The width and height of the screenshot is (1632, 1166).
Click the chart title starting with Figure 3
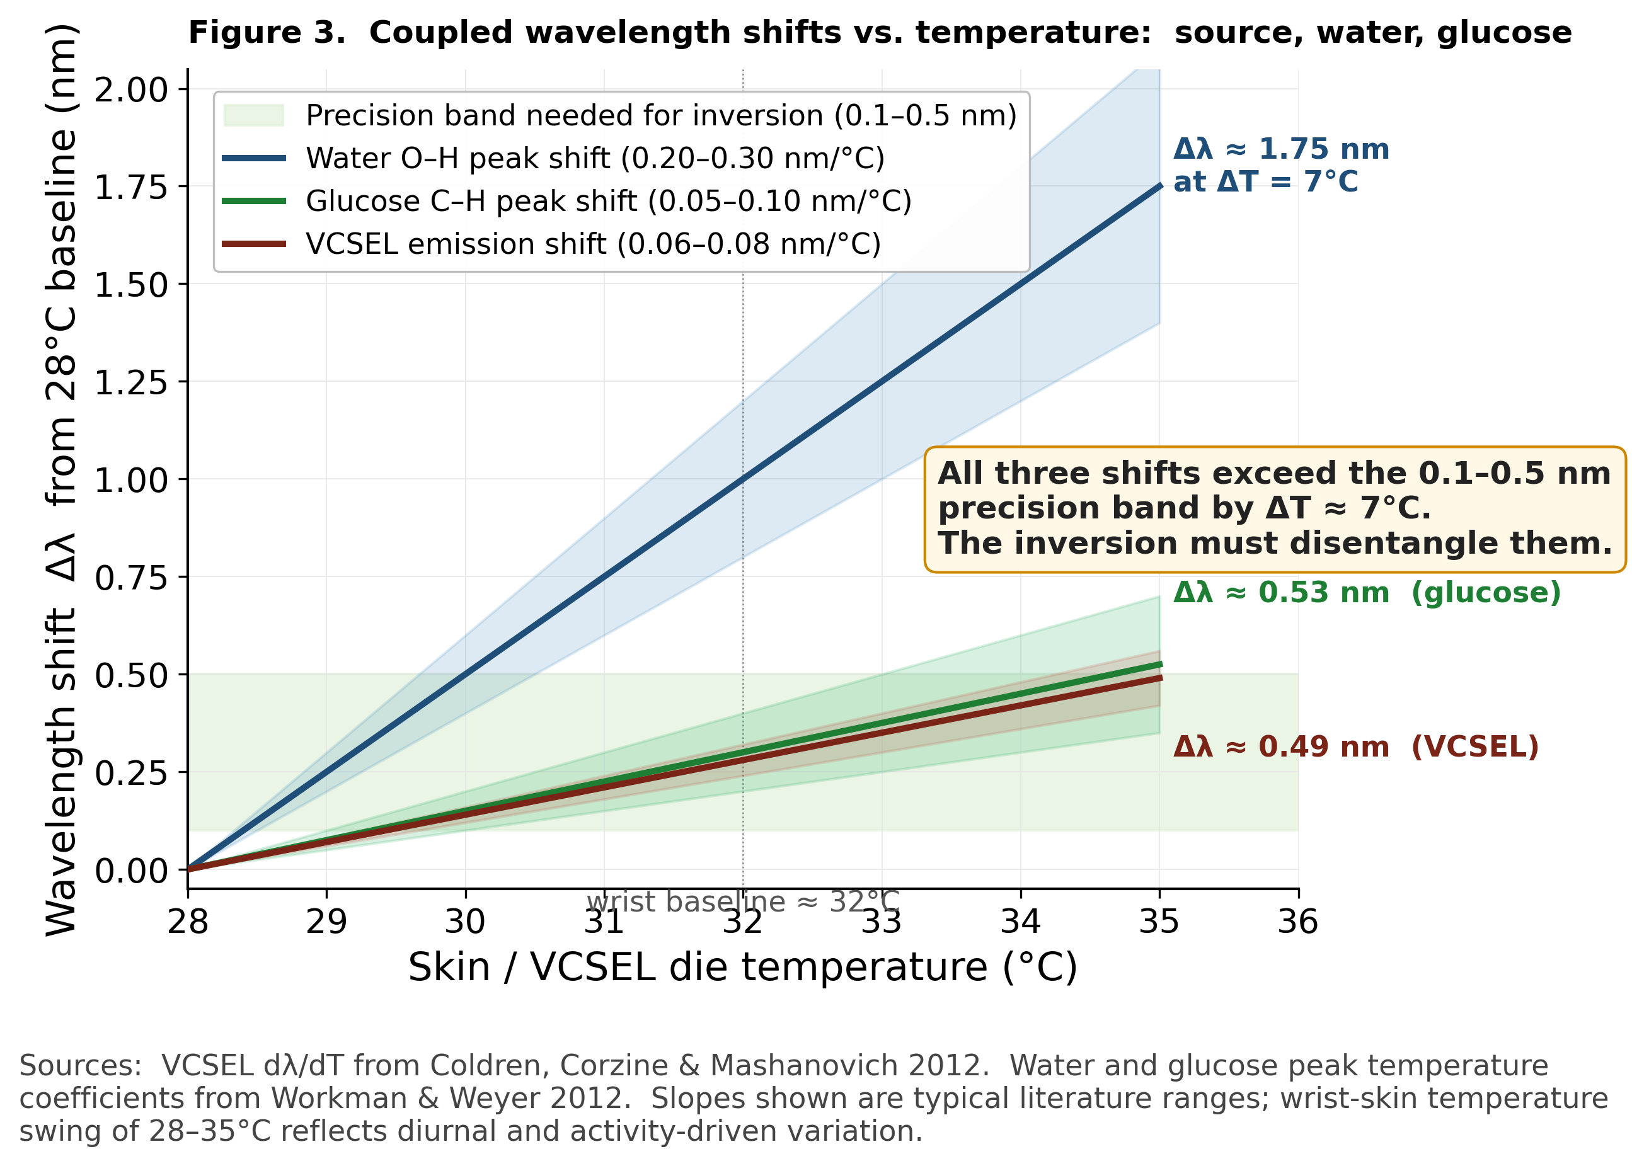click(x=879, y=33)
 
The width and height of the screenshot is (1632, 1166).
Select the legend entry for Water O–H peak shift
click(x=594, y=158)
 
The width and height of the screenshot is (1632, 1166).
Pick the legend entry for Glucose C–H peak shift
click(x=607, y=201)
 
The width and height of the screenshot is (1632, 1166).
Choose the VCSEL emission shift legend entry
click(x=592, y=244)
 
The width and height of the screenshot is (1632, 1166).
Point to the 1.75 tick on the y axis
click(x=132, y=186)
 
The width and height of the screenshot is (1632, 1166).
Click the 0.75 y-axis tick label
click(x=132, y=577)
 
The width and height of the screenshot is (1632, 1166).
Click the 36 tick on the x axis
click(x=1297, y=921)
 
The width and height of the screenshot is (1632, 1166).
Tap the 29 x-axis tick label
click(x=326, y=921)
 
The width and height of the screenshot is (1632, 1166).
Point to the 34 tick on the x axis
click(x=1020, y=921)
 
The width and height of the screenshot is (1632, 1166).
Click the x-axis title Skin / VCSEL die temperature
click(x=742, y=966)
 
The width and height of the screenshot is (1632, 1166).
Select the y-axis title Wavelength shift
click(x=62, y=479)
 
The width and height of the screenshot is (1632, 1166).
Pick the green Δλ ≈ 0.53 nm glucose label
click(x=1366, y=592)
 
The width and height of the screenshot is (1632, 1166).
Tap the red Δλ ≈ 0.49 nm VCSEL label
click(x=1355, y=746)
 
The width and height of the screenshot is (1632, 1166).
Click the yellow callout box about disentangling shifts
click(x=1275, y=508)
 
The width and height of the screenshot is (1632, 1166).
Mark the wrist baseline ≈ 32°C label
click(x=742, y=902)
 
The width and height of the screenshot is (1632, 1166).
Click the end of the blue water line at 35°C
click(x=1159, y=186)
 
